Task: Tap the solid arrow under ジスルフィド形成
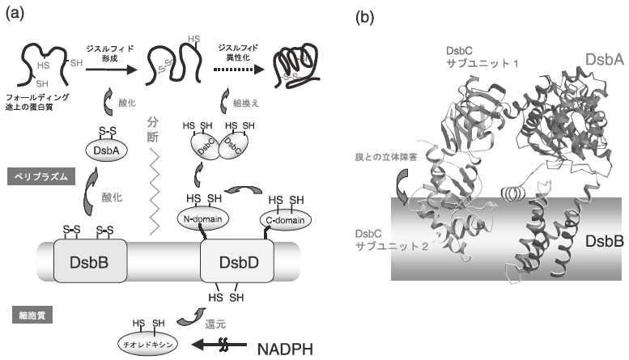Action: [112, 70]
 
